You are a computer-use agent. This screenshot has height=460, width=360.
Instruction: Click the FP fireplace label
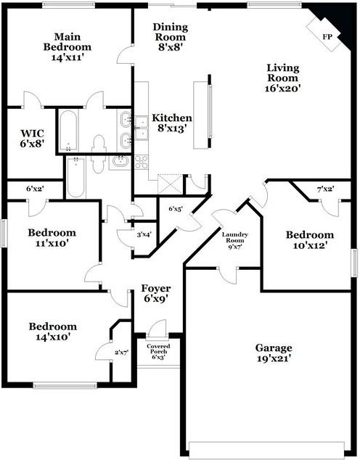pyautogui.click(x=327, y=37)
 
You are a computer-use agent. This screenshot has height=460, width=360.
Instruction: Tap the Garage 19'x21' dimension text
pyautogui.click(x=274, y=359)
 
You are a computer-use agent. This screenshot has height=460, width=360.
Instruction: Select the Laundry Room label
pyautogui.click(x=234, y=237)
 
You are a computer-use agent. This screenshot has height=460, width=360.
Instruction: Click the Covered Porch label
pyautogui.click(x=158, y=349)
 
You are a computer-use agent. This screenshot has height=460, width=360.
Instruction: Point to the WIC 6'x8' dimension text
pyautogui.click(x=32, y=144)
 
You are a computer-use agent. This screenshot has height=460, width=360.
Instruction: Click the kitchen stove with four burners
pyautogui.click(x=142, y=163)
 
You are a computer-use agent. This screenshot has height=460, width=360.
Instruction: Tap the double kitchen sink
pyautogui.click(x=142, y=128)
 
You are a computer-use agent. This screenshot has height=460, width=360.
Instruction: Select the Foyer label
pyautogui.click(x=155, y=288)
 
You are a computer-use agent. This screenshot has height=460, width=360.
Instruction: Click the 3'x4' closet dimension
pyautogui.click(x=144, y=234)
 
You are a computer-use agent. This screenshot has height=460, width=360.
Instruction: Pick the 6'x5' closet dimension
pyautogui.click(x=176, y=209)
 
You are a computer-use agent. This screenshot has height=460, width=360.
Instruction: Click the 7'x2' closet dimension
pyautogui.click(x=325, y=189)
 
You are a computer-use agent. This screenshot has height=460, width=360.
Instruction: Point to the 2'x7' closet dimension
pyautogui.click(x=121, y=353)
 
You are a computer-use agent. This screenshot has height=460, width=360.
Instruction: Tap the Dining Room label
pyautogui.click(x=171, y=32)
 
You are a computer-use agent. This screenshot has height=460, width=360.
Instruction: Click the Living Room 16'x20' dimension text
pyautogui.click(x=282, y=89)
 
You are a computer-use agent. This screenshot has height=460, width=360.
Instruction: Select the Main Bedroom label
pyautogui.click(x=67, y=42)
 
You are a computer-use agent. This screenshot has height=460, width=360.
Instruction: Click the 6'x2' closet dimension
pyautogui.click(x=36, y=189)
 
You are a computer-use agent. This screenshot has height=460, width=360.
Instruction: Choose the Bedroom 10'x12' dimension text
pyautogui.click(x=310, y=245)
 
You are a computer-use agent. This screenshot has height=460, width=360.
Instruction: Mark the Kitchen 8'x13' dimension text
pyautogui.click(x=172, y=128)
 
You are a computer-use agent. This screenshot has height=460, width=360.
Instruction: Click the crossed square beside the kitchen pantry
pyautogui.click(x=170, y=184)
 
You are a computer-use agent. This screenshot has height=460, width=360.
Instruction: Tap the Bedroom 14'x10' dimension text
pyautogui.click(x=53, y=337)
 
